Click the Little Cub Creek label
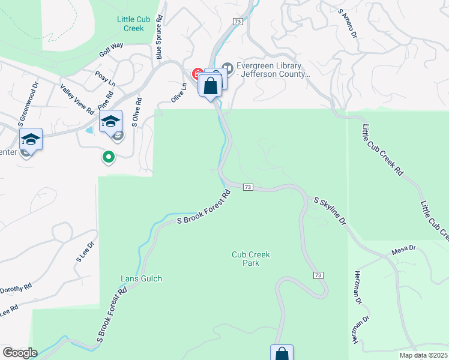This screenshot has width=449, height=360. click(x=130, y=23)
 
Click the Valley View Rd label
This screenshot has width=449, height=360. click(x=77, y=99)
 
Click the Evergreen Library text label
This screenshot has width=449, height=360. click(x=273, y=70)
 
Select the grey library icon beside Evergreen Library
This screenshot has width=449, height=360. click(x=227, y=66)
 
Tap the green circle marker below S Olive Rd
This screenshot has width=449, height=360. click(x=108, y=158)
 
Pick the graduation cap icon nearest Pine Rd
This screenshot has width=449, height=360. click(x=110, y=122)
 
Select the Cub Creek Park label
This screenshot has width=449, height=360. click(x=251, y=259)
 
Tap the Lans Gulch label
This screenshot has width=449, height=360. click(x=142, y=278)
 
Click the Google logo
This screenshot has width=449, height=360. click(x=20, y=352)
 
